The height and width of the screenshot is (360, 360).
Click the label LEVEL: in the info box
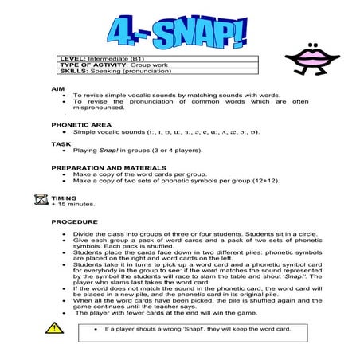click(x=72, y=59)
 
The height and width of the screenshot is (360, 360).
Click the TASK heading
click(x=61, y=143)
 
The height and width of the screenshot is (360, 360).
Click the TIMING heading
click(x=65, y=195)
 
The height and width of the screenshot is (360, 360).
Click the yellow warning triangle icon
click(x=53, y=327)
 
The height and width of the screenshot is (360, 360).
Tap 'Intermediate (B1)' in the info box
click(x=114, y=59)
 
